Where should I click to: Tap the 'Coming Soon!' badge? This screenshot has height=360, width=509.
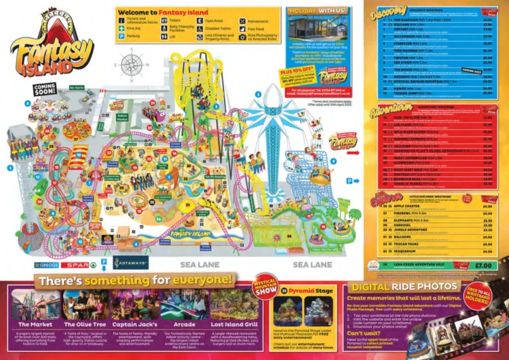[x=45, y=90]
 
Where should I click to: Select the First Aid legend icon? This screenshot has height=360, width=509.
[x=122, y=29]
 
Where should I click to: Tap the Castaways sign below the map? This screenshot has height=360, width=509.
[x=131, y=263]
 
